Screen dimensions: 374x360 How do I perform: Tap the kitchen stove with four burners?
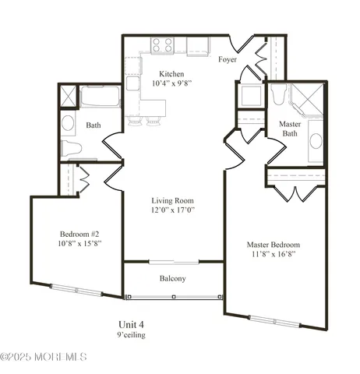pyautogui.click(x=163, y=46)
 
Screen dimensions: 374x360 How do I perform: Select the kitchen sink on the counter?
pyautogui.click(x=133, y=83)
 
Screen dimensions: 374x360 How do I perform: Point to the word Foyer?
pyautogui.click(x=228, y=59)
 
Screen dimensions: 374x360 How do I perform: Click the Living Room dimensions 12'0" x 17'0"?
pyautogui.click(x=173, y=210)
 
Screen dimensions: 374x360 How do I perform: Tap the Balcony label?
pyautogui.click(x=172, y=278)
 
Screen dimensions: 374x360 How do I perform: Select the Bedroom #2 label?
pyautogui.click(x=81, y=233)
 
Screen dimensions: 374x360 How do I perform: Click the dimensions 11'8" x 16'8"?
pyautogui.click(x=274, y=255)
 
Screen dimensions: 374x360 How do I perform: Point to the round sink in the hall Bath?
pyautogui.click(x=68, y=123)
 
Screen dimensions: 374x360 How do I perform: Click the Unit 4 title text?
pyautogui.click(x=130, y=324)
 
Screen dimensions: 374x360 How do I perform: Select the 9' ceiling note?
pyautogui.click(x=130, y=335)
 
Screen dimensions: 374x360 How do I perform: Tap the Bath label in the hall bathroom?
pyautogui.click(x=94, y=125)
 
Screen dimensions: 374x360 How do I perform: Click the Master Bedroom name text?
pyautogui.click(x=274, y=244)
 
